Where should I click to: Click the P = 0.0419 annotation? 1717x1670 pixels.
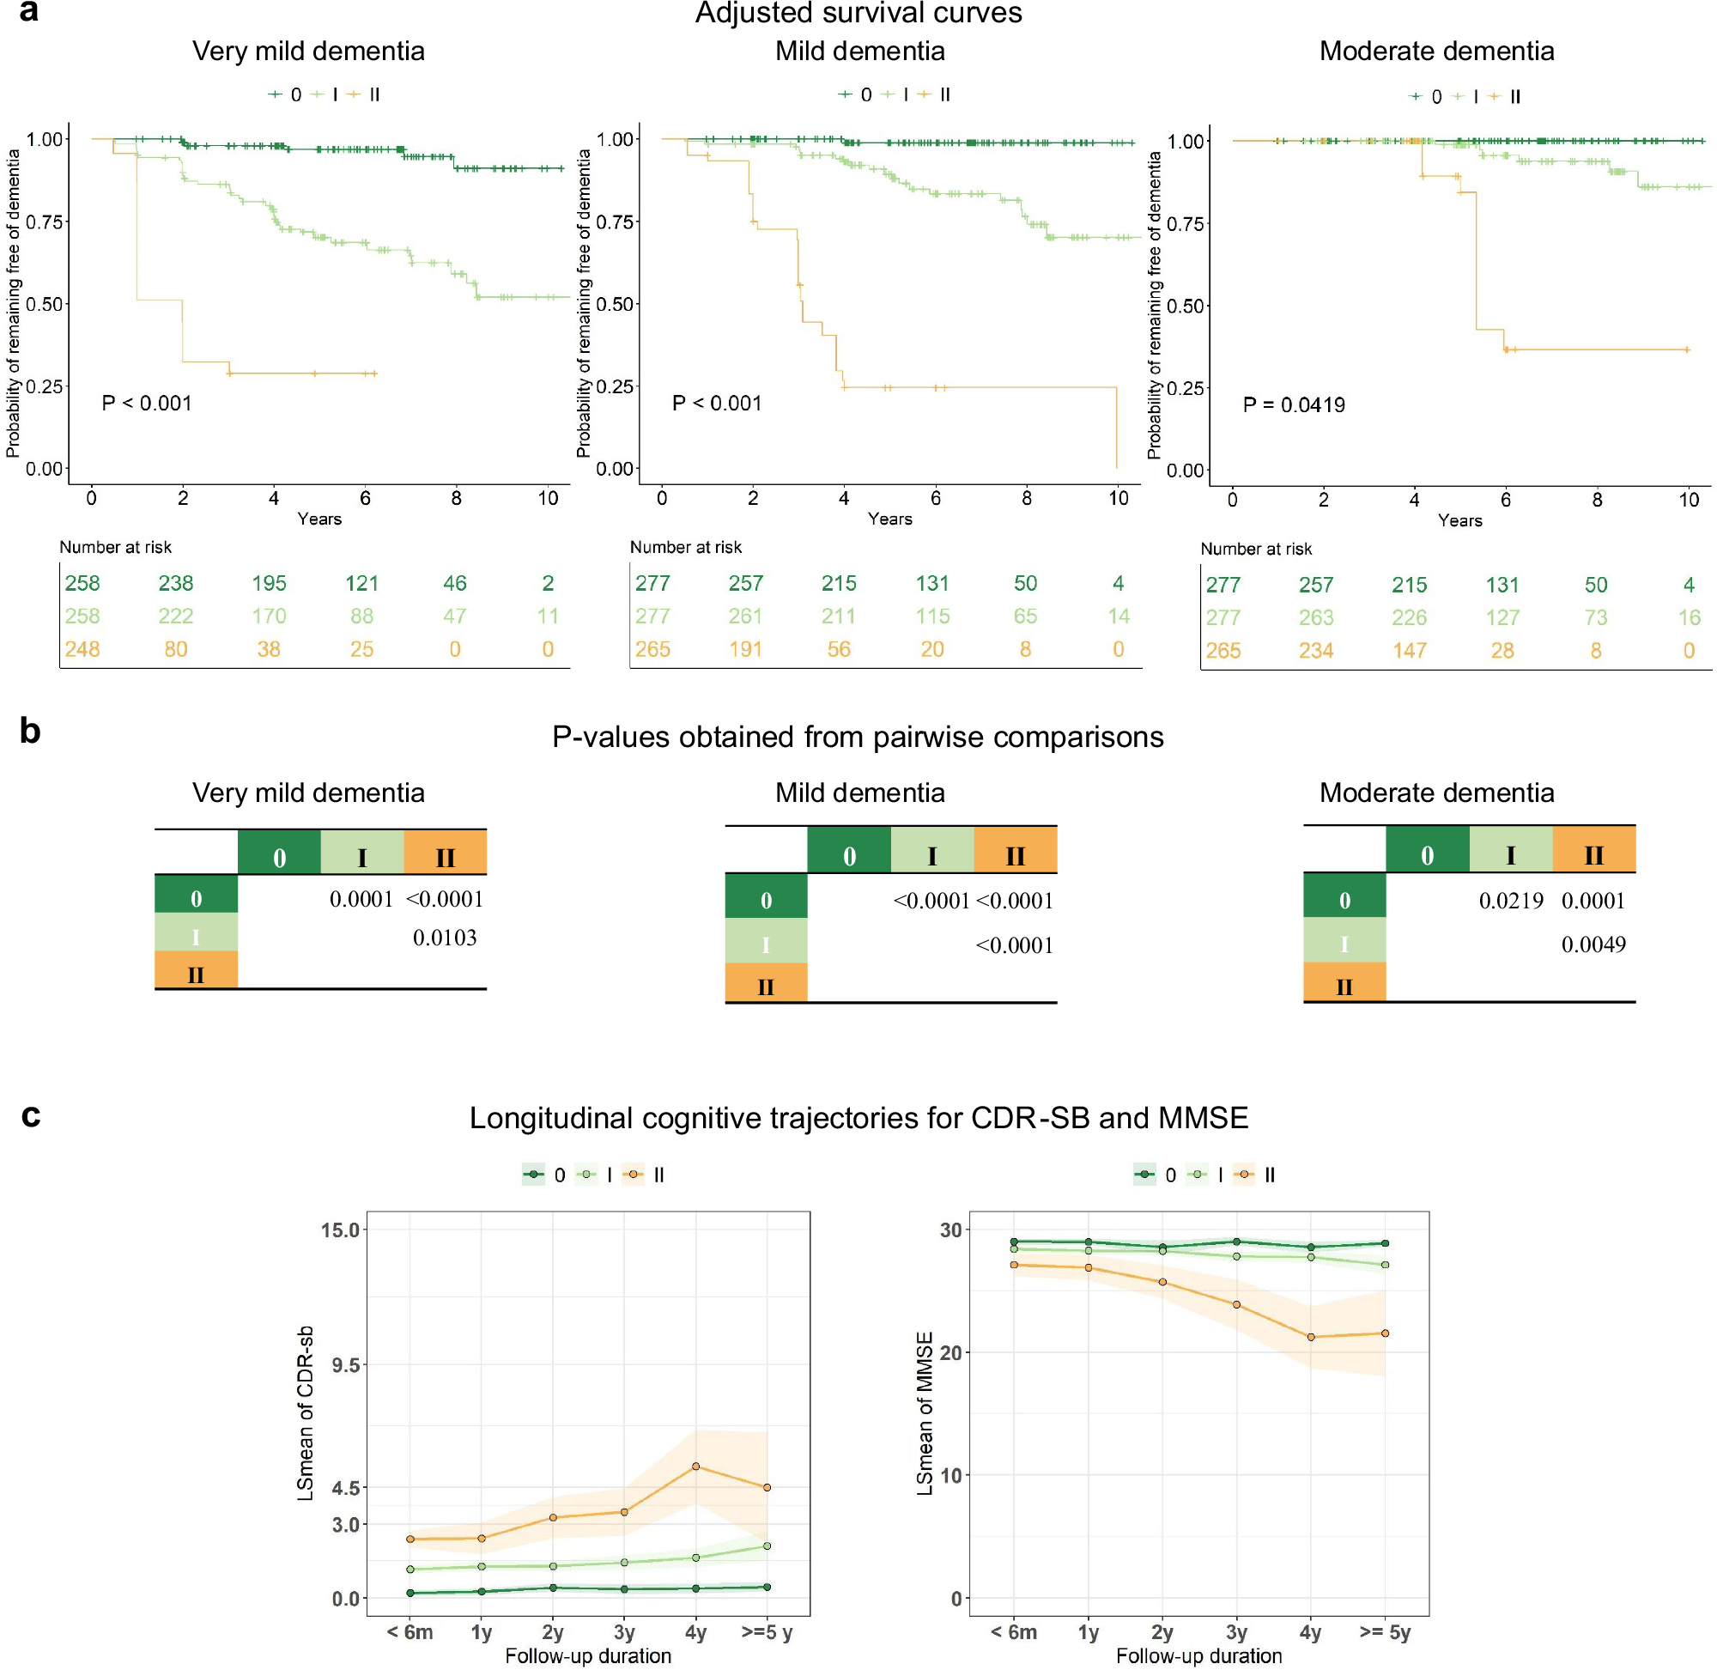(x=1294, y=405)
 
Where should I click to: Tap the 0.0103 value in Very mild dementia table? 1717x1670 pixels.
(x=445, y=938)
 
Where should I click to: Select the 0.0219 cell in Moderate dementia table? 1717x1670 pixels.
(x=1510, y=901)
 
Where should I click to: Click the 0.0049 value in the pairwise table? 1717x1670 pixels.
(x=1593, y=944)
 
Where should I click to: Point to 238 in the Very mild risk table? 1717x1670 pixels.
(x=175, y=583)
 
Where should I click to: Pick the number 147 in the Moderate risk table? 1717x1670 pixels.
(x=1408, y=651)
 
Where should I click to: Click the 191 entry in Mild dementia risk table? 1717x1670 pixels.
(x=745, y=649)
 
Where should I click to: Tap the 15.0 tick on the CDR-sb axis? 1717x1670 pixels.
(x=340, y=1230)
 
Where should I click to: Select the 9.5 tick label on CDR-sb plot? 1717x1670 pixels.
(x=345, y=1365)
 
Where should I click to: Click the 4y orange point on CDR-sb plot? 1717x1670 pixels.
(x=695, y=1467)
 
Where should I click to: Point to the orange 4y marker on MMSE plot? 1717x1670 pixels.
(x=1310, y=1338)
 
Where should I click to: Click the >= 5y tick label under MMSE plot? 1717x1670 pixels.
(x=1385, y=1632)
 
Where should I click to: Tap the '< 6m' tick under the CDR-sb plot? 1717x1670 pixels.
(x=410, y=1632)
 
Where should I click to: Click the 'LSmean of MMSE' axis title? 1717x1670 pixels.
(x=925, y=1413)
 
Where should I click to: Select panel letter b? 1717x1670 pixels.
(x=30, y=731)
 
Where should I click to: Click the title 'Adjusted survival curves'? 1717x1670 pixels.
(x=858, y=13)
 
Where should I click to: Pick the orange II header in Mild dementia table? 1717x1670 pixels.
(x=1015, y=855)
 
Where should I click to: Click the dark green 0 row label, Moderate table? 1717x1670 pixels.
(x=1344, y=900)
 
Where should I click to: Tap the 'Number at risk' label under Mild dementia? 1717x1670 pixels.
(x=685, y=547)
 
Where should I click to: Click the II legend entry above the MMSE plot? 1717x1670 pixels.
(x=1269, y=1175)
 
